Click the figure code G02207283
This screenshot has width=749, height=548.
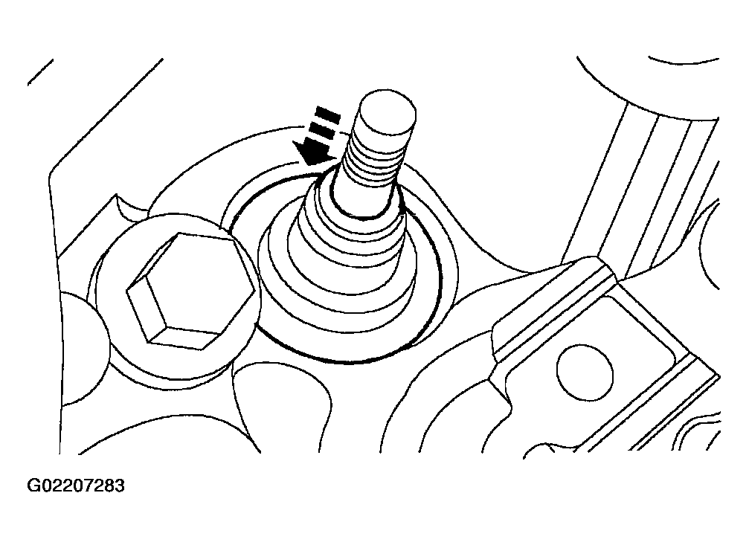coord(76,486)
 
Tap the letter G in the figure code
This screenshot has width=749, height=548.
coord(34,486)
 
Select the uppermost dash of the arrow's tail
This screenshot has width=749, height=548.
coord(328,115)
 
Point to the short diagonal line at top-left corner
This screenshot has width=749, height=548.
coord(40,72)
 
